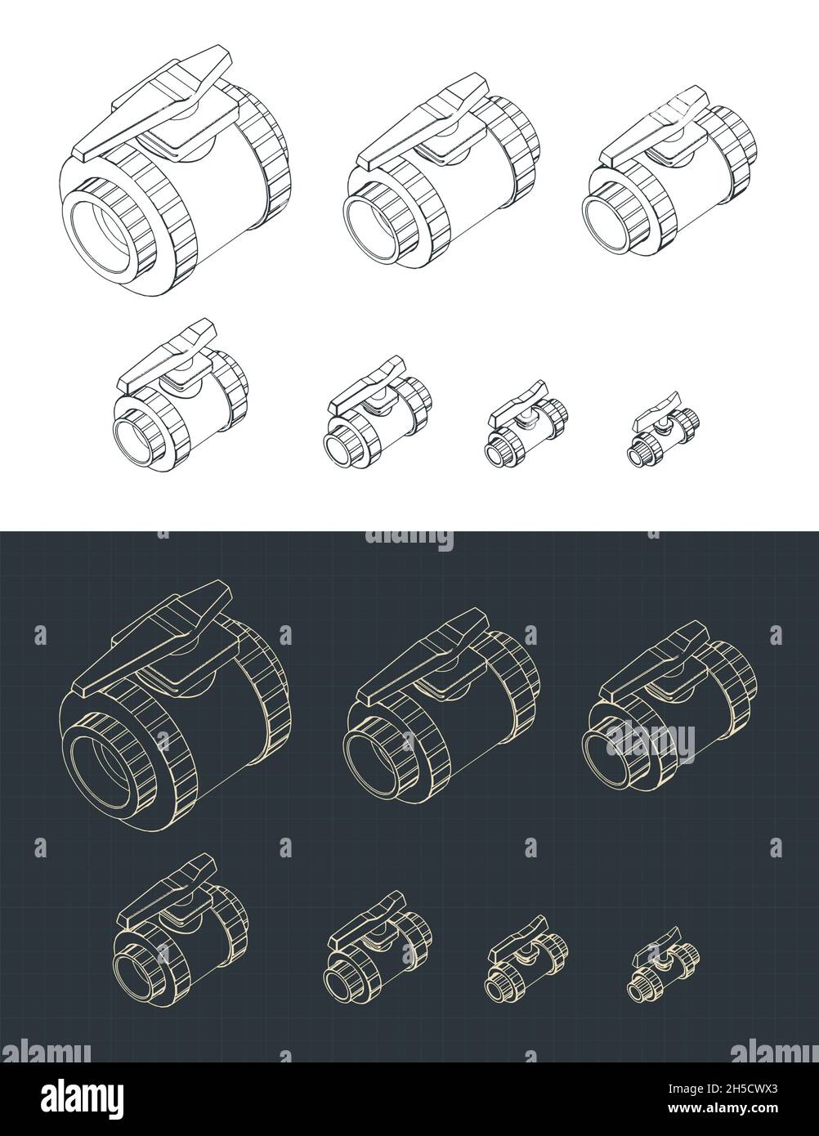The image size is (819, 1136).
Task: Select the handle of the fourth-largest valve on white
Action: [168, 356]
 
